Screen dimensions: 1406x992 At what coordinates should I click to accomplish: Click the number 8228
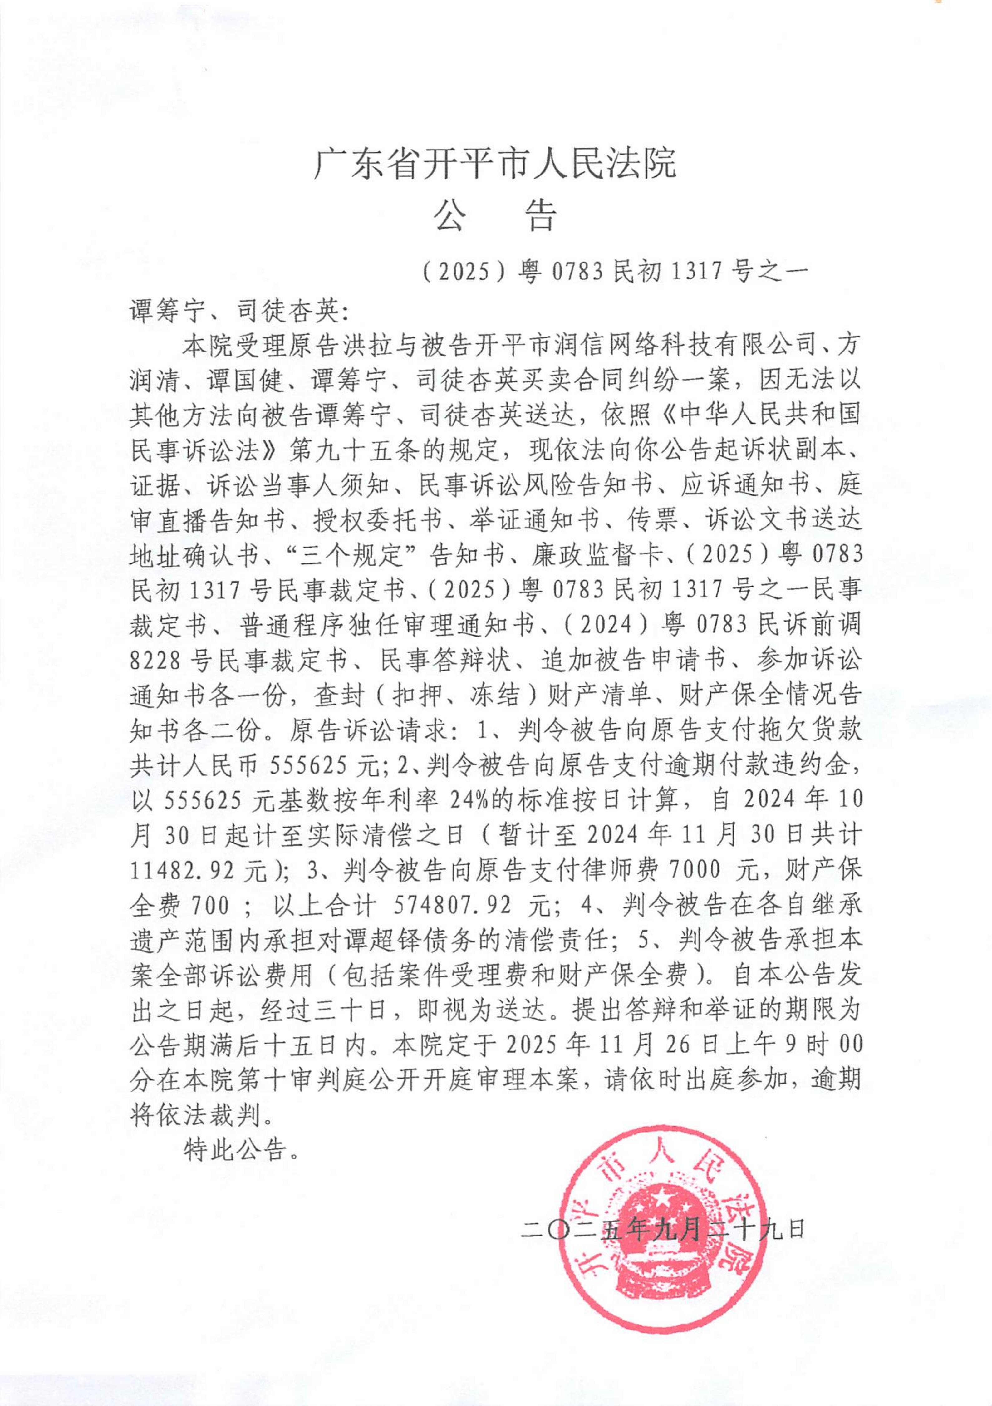pyautogui.click(x=154, y=660)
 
